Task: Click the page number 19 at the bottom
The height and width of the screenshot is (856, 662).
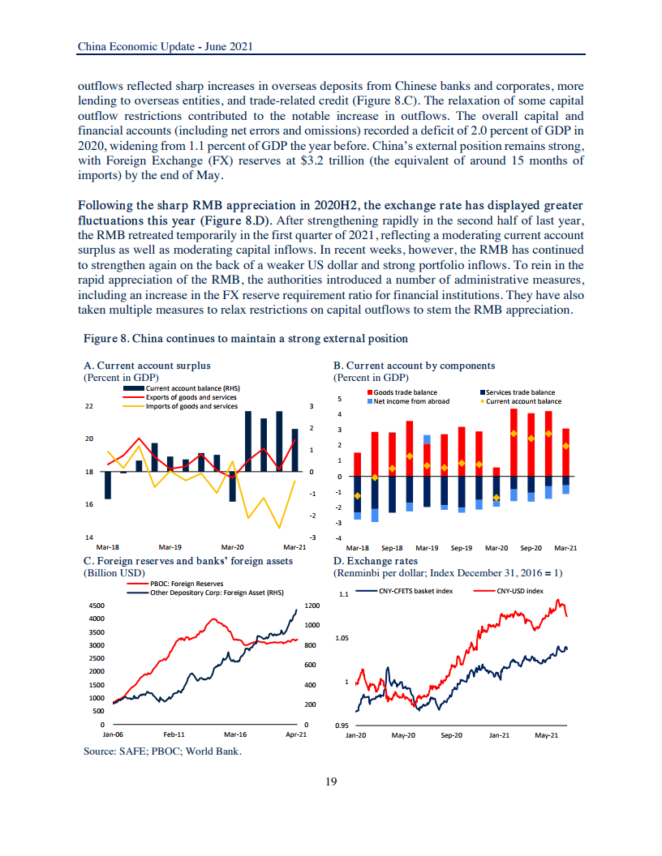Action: [330, 781]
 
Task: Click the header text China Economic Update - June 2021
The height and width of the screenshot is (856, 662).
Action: [165, 46]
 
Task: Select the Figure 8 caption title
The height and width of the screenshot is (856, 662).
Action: [246, 337]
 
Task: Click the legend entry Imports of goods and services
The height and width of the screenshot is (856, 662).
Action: [191, 405]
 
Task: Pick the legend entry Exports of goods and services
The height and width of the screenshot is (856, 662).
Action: [191, 397]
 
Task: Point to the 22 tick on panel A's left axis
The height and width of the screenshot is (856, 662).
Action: [89, 406]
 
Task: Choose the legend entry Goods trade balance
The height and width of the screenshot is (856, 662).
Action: [405, 392]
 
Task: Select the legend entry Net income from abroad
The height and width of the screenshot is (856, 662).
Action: [411, 401]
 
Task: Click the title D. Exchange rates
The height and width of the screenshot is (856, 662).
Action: [376, 560]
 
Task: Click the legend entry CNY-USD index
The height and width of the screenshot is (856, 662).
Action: [519, 591]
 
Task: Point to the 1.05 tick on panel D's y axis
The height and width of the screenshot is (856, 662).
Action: [342, 638]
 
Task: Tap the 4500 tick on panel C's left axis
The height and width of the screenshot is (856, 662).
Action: [97, 606]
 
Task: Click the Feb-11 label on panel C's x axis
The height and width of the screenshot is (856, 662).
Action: [174, 734]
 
